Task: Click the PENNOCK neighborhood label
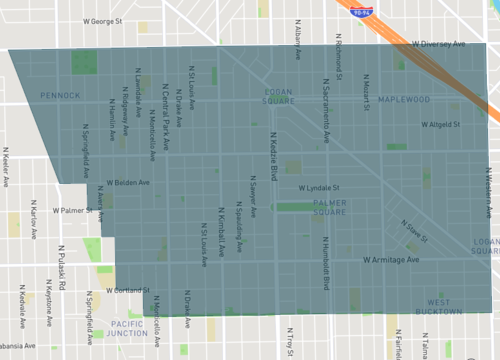tap(60, 96)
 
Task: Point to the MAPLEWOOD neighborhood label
tap(404, 100)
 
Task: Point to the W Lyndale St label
tap(320, 187)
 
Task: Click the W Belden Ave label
tap(127, 183)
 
